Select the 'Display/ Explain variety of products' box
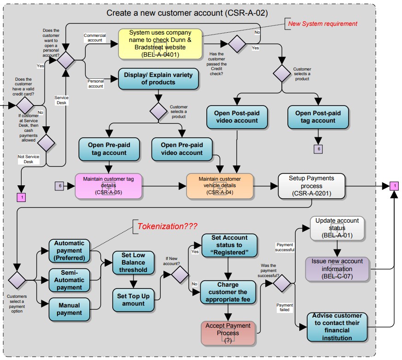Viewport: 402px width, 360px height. (x=159, y=79)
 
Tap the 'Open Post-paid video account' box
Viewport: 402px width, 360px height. (x=237, y=117)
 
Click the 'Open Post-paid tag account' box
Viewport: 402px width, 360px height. (x=318, y=117)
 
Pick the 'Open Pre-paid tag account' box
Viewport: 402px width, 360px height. (x=109, y=149)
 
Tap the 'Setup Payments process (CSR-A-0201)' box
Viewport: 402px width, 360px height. (x=311, y=186)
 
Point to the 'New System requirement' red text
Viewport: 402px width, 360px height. (x=322, y=24)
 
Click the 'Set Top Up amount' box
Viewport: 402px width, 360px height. (x=133, y=300)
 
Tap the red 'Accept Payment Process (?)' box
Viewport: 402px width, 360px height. (x=228, y=333)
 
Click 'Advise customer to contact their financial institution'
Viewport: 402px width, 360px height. (x=337, y=327)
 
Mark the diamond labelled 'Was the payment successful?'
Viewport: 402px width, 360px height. (x=281, y=283)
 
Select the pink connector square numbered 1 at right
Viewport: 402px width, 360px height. (x=394, y=186)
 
